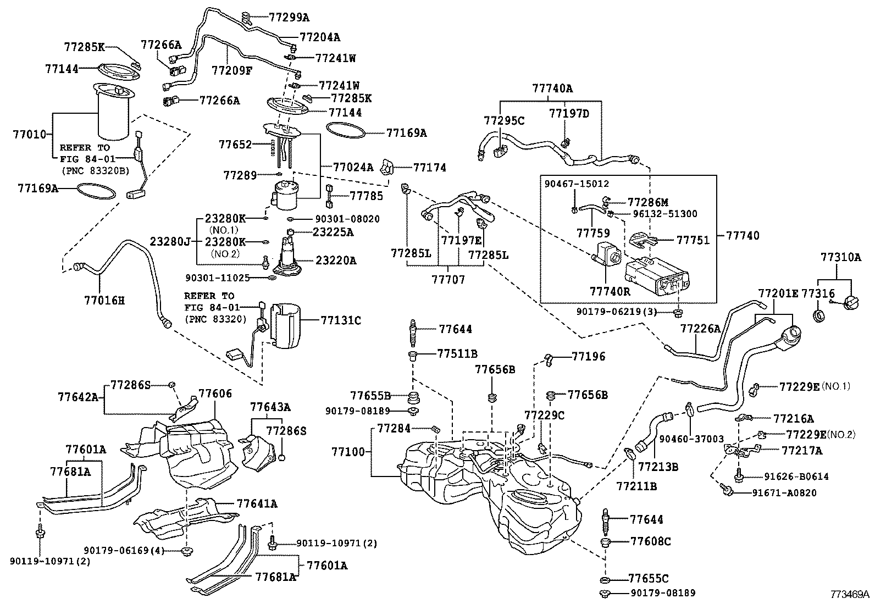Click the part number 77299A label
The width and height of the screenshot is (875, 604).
pos(289,17)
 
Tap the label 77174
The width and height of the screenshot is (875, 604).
pos(429,167)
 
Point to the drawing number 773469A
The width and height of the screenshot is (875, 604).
pos(849,594)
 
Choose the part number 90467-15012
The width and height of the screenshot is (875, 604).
pos(577,184)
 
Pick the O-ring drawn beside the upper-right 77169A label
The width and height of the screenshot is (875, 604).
pos(346,132)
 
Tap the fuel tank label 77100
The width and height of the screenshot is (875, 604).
pos(348,451)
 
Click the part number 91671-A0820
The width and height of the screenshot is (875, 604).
pos(784,493)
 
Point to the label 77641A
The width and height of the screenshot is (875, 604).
pos(257,503)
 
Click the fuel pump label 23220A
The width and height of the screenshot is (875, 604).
pos(335,261)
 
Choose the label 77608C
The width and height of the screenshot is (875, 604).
pos(650,541)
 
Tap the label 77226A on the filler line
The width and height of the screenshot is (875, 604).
pos(700,329)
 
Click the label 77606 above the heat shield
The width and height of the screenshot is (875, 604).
pos(215,394)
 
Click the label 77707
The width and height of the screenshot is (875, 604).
pos(448,280)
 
